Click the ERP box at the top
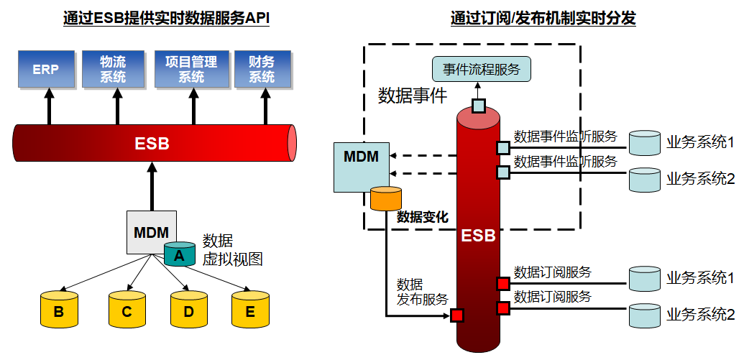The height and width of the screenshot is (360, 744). tap(45, 70)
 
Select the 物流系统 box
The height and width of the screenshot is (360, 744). tap(114, 70)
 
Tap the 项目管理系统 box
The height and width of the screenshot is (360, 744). tap(190, 70)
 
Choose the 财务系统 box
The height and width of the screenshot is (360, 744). tap(262, 70)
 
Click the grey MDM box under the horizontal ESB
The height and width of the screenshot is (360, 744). tap(151, 232)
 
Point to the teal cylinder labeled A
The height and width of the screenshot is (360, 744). tap(180, 254)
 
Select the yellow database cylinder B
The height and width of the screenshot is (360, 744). tap(59, 310)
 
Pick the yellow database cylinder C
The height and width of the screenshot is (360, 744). tap(127, 310)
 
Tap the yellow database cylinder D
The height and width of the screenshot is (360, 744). tap(189, 310)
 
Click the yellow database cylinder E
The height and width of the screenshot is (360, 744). tap(250, 310)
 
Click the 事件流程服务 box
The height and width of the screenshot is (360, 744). tap(482, 69)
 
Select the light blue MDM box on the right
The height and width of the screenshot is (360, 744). tap(361, 167)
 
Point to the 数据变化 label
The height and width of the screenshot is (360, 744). tap(423, 216)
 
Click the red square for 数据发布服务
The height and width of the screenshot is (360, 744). tap(457, 315)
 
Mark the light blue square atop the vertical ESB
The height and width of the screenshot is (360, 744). tap(479, 106)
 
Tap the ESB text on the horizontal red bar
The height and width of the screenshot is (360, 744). tap(152, 144)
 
